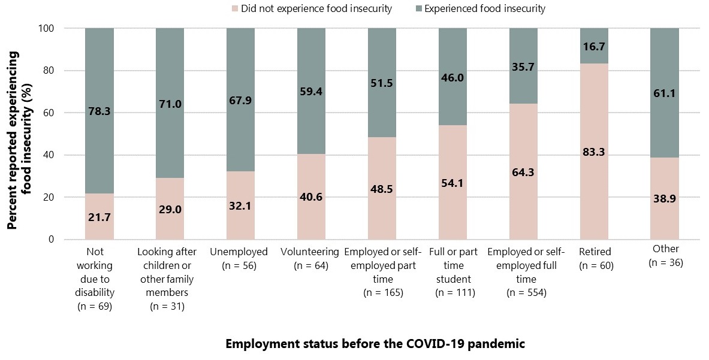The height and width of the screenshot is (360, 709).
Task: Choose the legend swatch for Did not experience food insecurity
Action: click(234, 9)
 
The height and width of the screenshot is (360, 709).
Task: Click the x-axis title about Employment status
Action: click(375, 344)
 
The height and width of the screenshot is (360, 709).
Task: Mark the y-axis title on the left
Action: click(19, 140)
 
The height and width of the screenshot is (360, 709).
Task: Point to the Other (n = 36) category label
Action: click(666, 256)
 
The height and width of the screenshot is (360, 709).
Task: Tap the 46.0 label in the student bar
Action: click(453, 77)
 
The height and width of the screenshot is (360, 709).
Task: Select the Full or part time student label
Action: click(453, 272)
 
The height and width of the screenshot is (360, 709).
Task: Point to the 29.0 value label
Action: click(170, 209)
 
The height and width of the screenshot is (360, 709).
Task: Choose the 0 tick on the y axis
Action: click(51, 240)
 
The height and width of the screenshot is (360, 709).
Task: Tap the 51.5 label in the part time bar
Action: click(382, 84)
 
